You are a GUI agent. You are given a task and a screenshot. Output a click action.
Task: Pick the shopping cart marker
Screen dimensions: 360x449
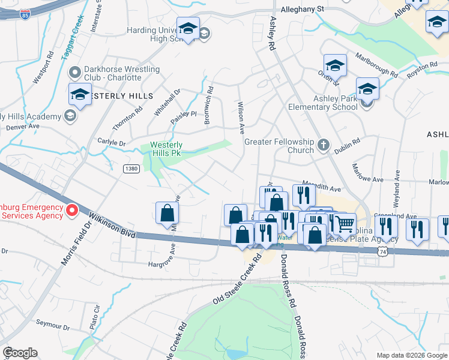344,224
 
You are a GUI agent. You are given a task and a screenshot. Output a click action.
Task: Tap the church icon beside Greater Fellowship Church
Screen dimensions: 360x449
324,145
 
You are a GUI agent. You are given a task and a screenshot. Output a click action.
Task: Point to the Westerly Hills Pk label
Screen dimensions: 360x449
166,149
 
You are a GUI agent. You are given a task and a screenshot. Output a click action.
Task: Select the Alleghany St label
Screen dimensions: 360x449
303,10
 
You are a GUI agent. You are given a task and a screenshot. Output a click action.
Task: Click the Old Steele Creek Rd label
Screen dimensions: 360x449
238,278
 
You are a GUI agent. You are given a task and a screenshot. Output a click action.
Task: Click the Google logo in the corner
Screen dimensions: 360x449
20,353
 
